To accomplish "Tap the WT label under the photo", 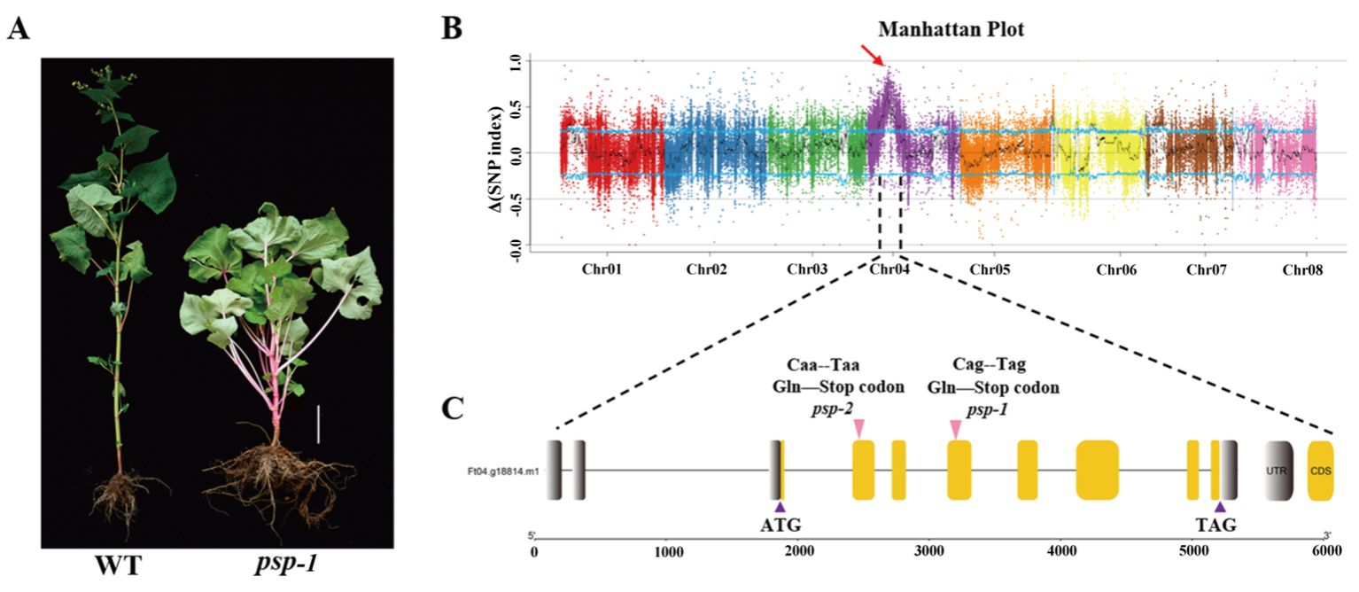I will click(121, 565).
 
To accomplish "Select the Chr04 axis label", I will click(889, 269).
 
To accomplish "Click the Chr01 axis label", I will click(600, 269).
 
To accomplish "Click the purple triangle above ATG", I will click(780, 506).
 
